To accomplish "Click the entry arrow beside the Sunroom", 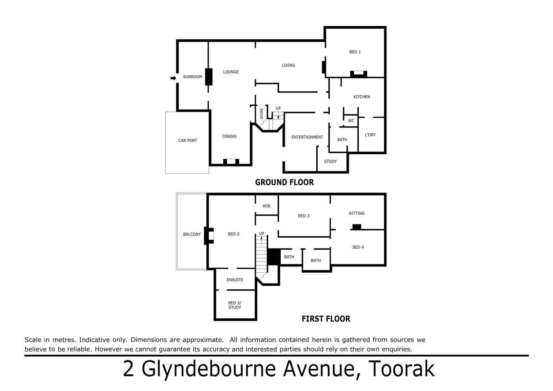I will click(x=173, y=78).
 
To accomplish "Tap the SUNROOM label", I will click(x=193, y=77).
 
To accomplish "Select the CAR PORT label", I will click(x=187, y=140).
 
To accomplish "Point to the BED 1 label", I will click(x=355, y=52).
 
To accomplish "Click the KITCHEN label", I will click(x=362, y=97).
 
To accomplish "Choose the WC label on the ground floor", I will click(x=351, y=121).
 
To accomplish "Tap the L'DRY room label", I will click(x=370, y=135).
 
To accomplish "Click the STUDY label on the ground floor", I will click(x=330, y=161).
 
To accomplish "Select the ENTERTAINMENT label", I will click(x=307, y=137).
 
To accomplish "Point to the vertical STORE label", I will click(x=262, y=114).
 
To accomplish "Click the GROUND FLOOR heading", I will click(x=284, y=182).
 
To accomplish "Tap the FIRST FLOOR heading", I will click(x=326, y=319).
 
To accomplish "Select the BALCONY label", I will click(x=192, y=235).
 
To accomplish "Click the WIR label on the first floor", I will click(x=266, y=206).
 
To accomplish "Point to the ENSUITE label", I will click(x=235, y=280).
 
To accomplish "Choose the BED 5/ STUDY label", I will click(x=235, y=305).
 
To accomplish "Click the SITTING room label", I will click(x=356, y=214).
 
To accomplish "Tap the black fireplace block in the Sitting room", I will click(x=357, y=227).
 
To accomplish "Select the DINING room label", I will click(x=229, y=136).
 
